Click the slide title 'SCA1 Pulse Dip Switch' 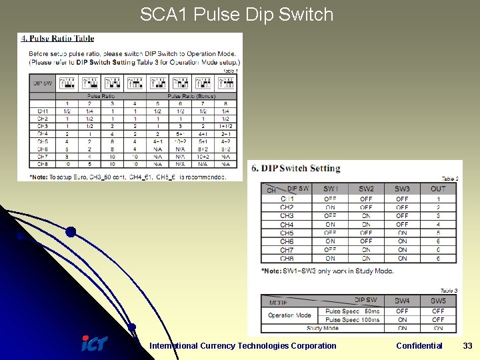pos(237,15)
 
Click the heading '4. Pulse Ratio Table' pos(59,39)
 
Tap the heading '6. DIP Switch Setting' pos(296,168)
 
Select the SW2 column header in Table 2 pos(366,189)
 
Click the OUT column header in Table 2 pos(438,189)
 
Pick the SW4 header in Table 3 pos(402,301)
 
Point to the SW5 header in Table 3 pos(438,301)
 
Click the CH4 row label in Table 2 pos(287,225)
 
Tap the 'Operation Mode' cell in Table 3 pos(289,315)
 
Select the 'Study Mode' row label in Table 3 pos(323,328)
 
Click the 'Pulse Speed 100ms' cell pos(353,320)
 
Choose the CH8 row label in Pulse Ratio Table pos(42,164)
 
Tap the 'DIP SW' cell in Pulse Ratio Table pos(42,83)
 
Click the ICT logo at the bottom pos(93,344)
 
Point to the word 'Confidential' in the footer pos(419,345)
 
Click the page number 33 pos(467,345)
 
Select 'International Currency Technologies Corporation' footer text pos(243,345)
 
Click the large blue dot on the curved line pos(71,232)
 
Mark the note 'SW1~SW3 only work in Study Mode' pos(327,271)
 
